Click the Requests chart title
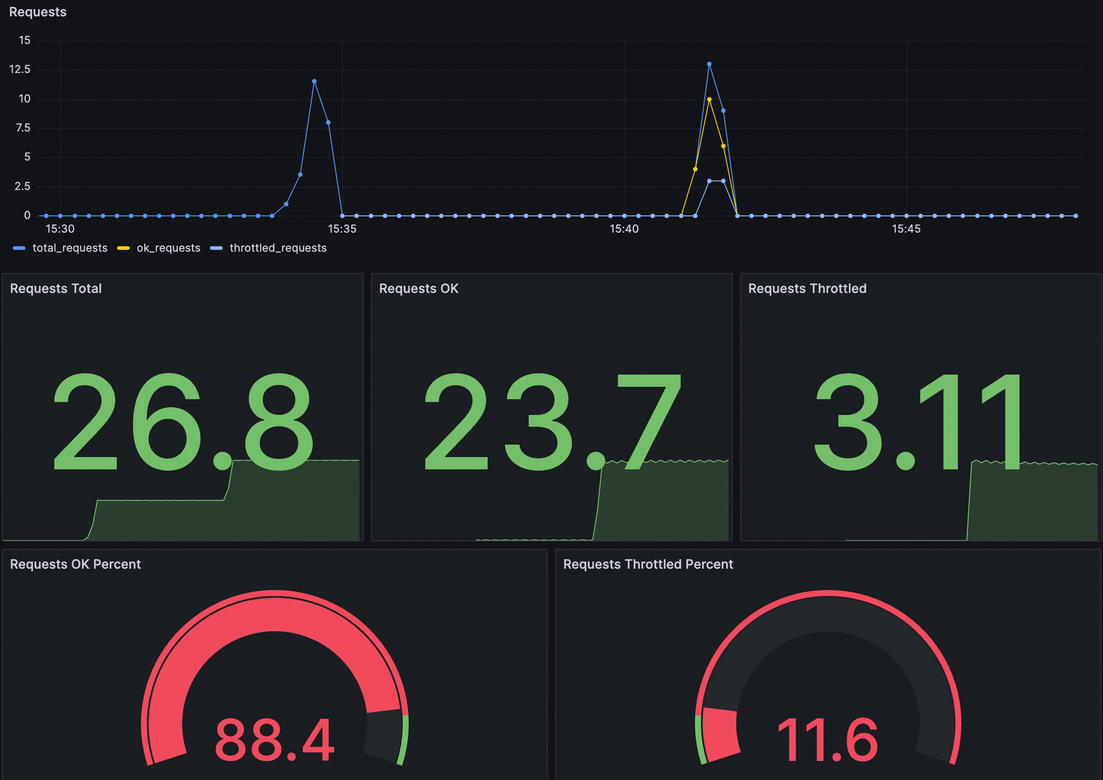(x=38, y=12)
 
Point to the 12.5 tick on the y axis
(x=20, y=70)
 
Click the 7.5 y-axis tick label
(x=23, y=128)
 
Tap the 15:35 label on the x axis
(x=342, y=229)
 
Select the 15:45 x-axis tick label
(x=906, y=229)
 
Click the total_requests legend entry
(x=70, y=248)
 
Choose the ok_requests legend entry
(x=168, y=248)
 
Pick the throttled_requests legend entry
(x=278, y=248)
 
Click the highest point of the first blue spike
(x=314, y=81)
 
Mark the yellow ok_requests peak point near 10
(x=709, y=99)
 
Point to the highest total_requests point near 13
(x=709, y=64)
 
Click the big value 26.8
(x=183, y=422)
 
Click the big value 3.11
(x=918, y=422)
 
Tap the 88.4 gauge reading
(x=274, y=740)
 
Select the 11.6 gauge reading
(x=827, y=740)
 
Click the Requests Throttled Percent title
(x=648, y=564)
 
